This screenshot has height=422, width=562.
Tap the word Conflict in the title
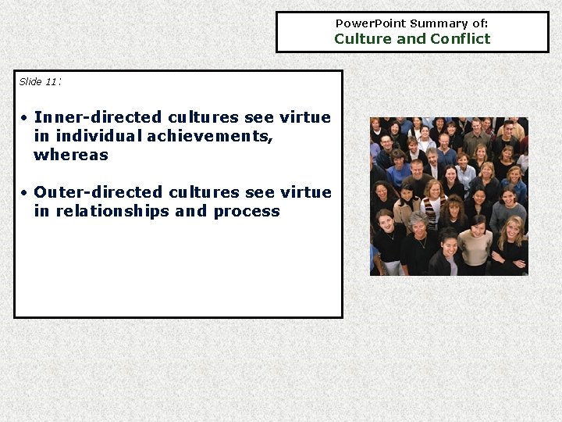tap(460, 39)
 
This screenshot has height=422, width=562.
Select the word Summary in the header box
tap(436, 23)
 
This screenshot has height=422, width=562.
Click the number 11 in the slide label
tap(51, 82)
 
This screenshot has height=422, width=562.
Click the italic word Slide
tap(30, 82)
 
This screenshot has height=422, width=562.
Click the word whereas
tap(71, 156)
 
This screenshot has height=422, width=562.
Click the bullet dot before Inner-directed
tap(25, 118)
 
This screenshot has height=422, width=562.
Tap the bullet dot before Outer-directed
tap(25, 192)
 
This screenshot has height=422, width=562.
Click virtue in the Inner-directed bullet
tap(305, 118)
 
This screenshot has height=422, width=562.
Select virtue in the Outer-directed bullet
tap(305, 192)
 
